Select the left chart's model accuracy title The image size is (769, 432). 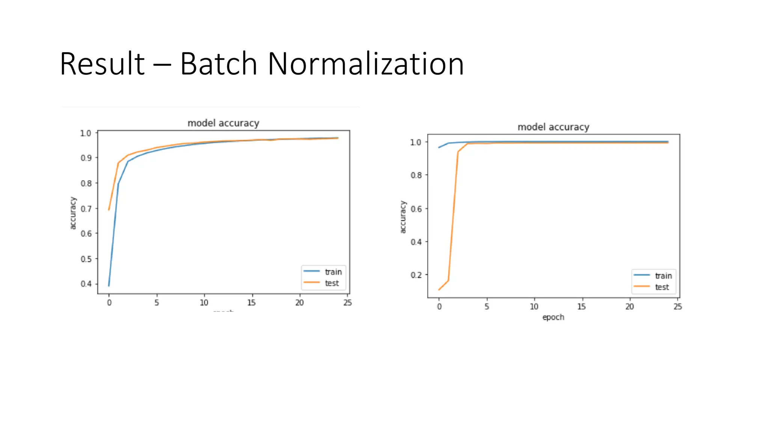coord(223,123)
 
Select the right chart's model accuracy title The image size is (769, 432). coord(553,127)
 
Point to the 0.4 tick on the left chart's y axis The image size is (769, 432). coord(86,284)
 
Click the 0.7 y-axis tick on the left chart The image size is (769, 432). coord(86,208)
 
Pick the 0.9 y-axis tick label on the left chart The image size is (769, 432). coord(86,158)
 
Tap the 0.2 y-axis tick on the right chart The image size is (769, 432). coord(416,275)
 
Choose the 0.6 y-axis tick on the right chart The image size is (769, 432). coord(416,208)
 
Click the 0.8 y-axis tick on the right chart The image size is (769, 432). coord(416,175)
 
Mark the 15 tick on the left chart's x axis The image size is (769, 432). coord(252,303)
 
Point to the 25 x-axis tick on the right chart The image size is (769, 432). coord(677,307)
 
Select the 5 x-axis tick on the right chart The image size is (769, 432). coord(487,307)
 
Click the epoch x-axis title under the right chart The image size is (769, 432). coord(553,317)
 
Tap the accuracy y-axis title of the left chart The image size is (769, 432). coord(73,213)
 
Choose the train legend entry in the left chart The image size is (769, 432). coord(333,272)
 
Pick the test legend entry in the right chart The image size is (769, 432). coord(662,287)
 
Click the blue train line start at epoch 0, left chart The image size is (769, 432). coord(109,286)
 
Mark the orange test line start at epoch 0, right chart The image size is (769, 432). coord(439,289)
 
